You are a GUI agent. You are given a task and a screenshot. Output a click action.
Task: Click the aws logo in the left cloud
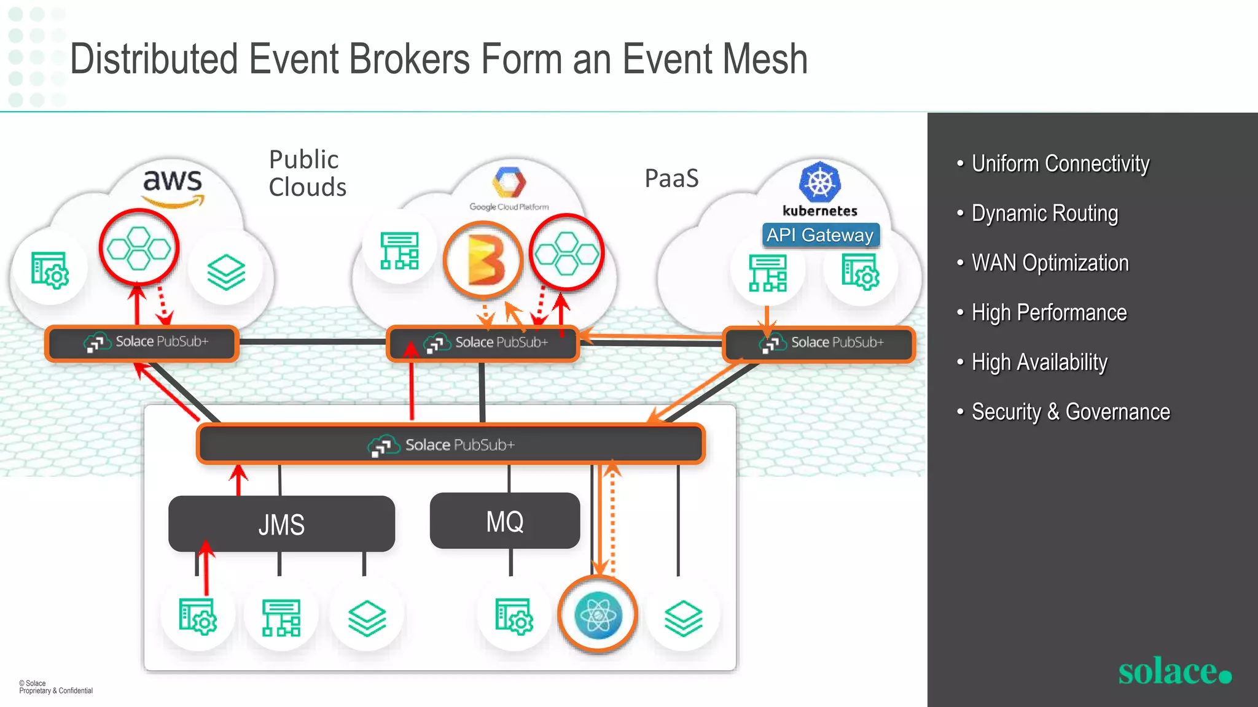point(173,187)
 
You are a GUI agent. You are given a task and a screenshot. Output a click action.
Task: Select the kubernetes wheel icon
point(819,182)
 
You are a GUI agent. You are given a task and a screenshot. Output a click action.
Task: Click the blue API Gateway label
point(820,235)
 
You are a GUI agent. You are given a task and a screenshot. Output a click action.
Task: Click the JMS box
point(281,524)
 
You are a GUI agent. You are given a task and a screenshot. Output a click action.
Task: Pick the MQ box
point(505,521)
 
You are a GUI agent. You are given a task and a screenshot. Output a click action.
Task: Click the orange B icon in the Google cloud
point(483,260)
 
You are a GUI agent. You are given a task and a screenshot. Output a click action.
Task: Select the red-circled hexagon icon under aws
point(139,248)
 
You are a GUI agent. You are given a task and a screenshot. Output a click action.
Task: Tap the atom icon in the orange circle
point(598,615)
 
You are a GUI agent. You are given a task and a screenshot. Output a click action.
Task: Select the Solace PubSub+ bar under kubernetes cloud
point(819,343)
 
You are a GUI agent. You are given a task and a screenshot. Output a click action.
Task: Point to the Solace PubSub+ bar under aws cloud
point(142,342)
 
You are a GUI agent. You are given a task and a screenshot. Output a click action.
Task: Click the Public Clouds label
point(307,173)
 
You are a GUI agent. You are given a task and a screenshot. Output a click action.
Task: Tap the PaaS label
point(671,179)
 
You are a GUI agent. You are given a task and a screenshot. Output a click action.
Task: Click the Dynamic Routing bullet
point(1044,214)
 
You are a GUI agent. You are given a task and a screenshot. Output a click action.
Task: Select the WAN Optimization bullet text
point(1050,263)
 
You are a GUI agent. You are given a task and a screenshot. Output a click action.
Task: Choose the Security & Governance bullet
point(1070,412)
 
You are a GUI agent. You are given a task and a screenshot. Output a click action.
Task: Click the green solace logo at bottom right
point(1174,671)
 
